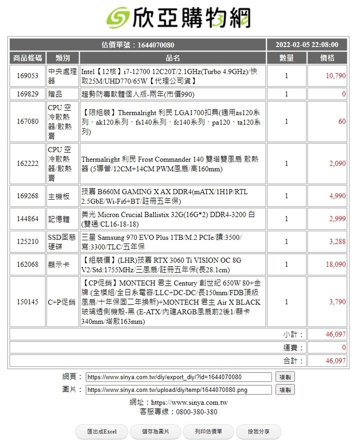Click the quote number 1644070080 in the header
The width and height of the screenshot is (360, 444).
coord(155,45)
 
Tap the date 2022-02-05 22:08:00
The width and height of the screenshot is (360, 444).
coord(306,45)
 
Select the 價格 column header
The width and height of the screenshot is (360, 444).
coord(327,58)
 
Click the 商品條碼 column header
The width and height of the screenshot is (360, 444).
coord(27,58)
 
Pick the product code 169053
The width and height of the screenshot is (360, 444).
coord(27,76)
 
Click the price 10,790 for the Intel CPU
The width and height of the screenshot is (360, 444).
coord(335,76)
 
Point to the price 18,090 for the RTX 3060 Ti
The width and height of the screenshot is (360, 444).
coord(335,264)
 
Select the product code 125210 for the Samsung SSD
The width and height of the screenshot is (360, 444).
coord(27,242)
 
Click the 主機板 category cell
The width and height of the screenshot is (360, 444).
coord(59,196)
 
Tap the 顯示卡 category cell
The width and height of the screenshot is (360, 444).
coord(59,264)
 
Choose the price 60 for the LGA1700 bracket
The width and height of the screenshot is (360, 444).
coord(341,122)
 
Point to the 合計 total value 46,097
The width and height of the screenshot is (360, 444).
coord(335,360)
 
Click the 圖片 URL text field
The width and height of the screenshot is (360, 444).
coord(179,389)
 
